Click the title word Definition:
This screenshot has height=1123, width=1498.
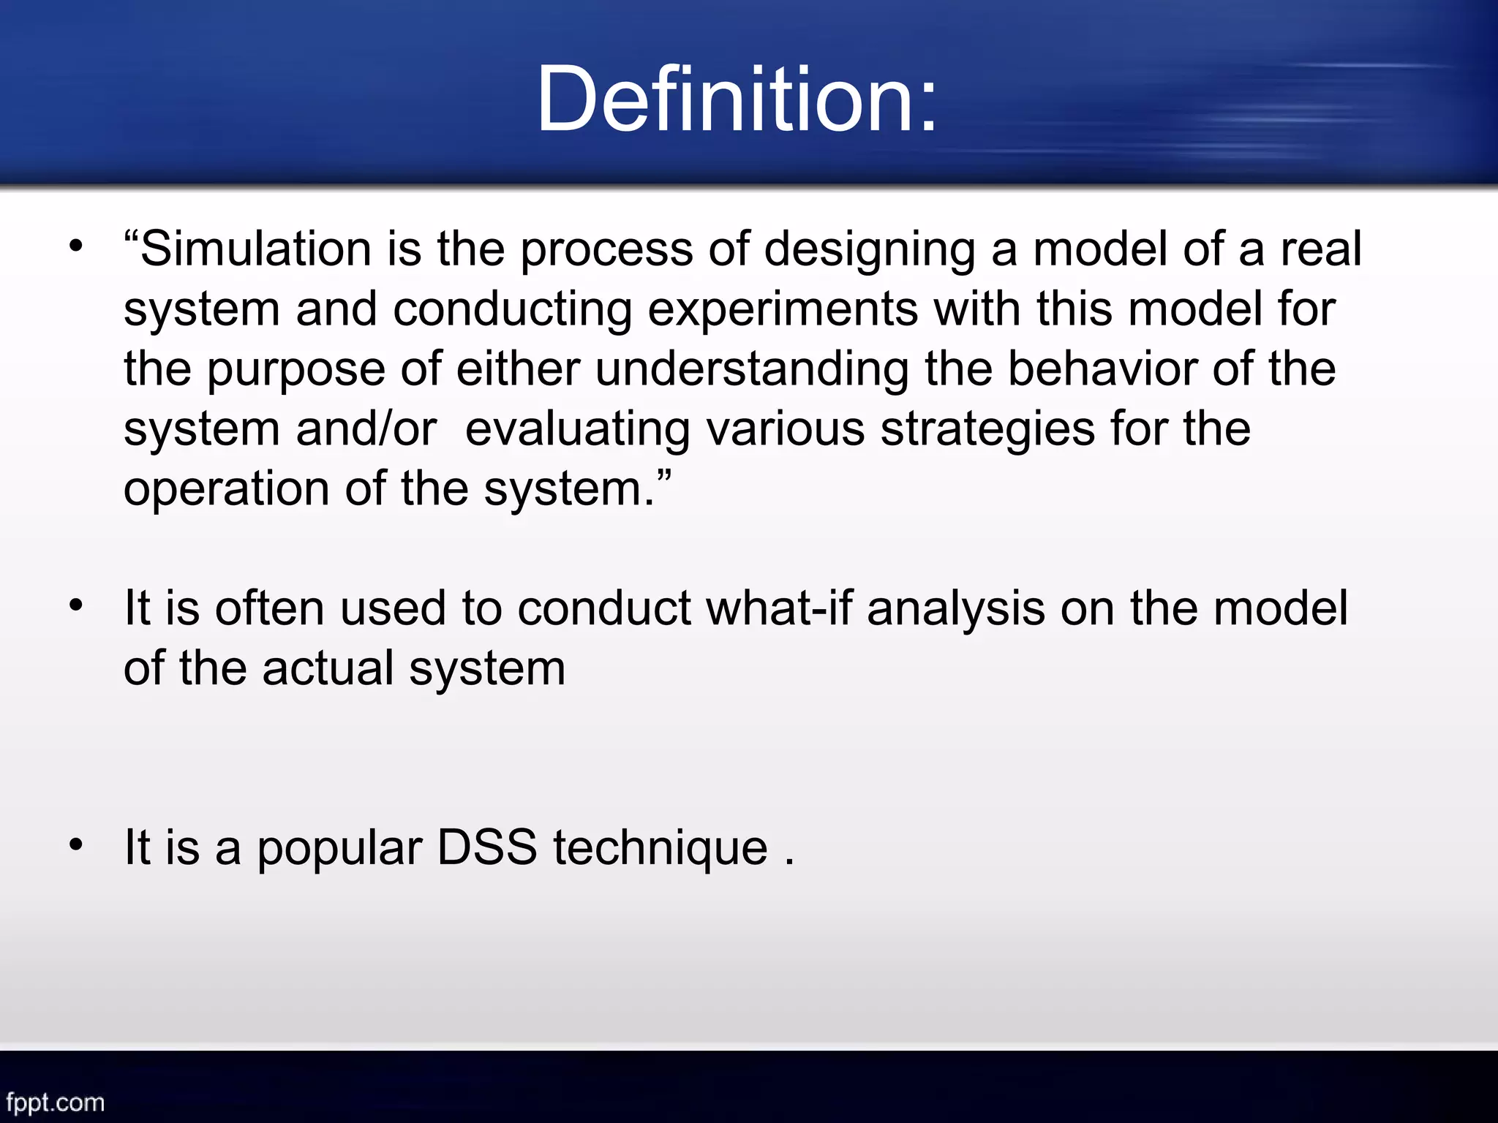[x=737, y=99]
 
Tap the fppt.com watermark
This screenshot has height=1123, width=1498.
[x=56, y=1102]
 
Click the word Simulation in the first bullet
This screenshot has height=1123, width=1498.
[x=255, y=249]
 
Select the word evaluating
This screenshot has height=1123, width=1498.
[x=577, y=430]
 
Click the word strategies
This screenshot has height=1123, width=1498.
[x=987, y=430]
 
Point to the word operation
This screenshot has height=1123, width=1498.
[x=226, y=490]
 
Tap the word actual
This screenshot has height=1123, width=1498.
[x=328, y=668]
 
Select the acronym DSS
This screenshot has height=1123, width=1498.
[x=486, y=847]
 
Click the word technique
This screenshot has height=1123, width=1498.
[x=660, y=849]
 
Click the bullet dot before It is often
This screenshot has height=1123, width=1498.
[x=76, y=605]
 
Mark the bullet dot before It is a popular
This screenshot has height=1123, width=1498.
[x=76, y=845]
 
